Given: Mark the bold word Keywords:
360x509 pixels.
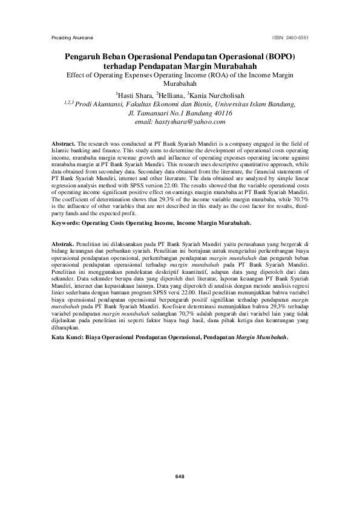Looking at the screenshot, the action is tap(67, 222).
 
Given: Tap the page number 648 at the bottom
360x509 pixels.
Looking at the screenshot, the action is tap(180, 477).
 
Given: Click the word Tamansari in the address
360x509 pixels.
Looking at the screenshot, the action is tap(159, 112).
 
